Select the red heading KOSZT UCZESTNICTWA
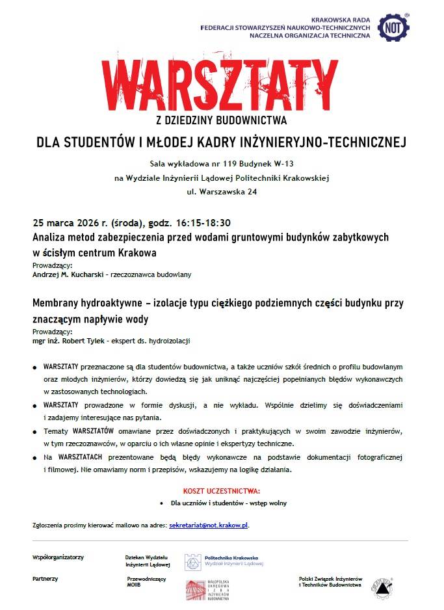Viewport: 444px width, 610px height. point(222,491)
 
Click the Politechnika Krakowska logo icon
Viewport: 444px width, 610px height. point(192,562)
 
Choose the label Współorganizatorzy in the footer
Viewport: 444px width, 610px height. point(58,557)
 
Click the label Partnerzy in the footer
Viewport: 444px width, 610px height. point(46,578)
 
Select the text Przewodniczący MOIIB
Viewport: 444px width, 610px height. point(146,581)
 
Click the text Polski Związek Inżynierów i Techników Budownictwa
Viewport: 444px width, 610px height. point(330,581)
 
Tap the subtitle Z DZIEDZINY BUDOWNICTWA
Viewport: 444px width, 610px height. point(222,120)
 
